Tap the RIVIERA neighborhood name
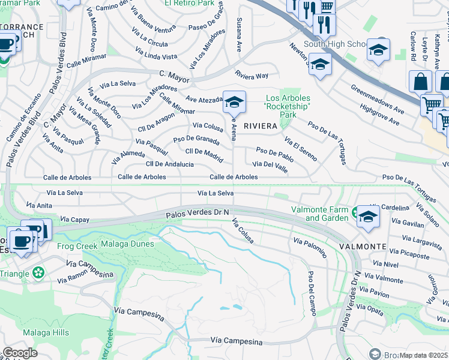[260, 126]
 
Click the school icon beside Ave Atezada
[234, 102]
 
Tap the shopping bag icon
[420, 82]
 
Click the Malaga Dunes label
[123, 246]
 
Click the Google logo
[20, 353]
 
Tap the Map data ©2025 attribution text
[423, 355]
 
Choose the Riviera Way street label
[252, 76]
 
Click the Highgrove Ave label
[379, 115]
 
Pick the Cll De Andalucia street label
[170, 164]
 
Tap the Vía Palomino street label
[310, 247]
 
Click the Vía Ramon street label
[73, 280]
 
